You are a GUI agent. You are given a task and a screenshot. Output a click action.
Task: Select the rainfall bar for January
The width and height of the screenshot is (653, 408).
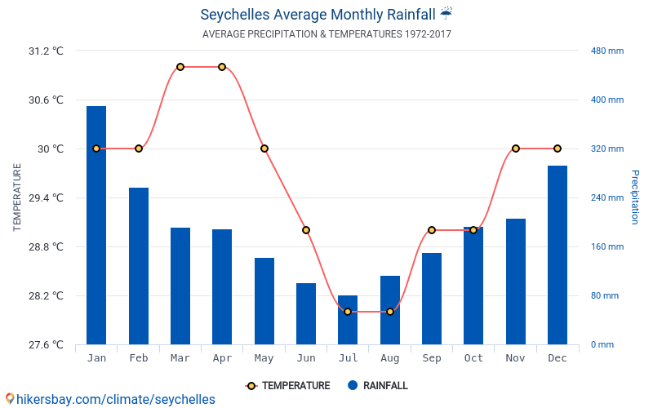96,225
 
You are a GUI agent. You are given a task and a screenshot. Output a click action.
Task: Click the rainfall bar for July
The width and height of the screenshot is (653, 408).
348,320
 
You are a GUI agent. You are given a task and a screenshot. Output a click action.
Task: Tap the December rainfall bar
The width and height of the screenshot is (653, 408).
557,255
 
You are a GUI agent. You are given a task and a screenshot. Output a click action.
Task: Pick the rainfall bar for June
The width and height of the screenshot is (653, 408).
306,313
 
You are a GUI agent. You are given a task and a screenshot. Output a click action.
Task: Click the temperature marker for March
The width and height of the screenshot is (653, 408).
180,67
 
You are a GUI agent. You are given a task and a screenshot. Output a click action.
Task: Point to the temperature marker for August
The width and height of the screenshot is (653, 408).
390,312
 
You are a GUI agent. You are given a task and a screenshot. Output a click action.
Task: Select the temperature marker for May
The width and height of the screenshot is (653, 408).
264,149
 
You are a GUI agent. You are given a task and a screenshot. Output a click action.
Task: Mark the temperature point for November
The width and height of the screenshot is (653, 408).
516,149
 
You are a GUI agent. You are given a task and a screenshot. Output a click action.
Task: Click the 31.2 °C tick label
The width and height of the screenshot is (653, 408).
46,51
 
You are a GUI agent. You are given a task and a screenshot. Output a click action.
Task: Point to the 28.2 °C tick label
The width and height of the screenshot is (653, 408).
46,295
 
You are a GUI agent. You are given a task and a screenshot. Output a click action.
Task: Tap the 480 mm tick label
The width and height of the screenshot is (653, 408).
606,51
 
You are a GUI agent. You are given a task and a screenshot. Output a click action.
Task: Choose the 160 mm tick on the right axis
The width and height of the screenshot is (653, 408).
606,246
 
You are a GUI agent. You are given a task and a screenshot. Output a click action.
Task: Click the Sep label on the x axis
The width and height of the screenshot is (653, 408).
432,358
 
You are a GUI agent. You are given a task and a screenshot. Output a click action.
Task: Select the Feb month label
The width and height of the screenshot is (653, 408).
139,358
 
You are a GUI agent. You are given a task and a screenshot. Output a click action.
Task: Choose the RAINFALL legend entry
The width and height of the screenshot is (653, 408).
377,386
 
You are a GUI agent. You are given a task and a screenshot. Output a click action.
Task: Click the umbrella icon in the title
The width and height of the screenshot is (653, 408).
446,14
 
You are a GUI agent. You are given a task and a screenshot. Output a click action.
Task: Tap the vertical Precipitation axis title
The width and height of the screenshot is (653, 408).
635,197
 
